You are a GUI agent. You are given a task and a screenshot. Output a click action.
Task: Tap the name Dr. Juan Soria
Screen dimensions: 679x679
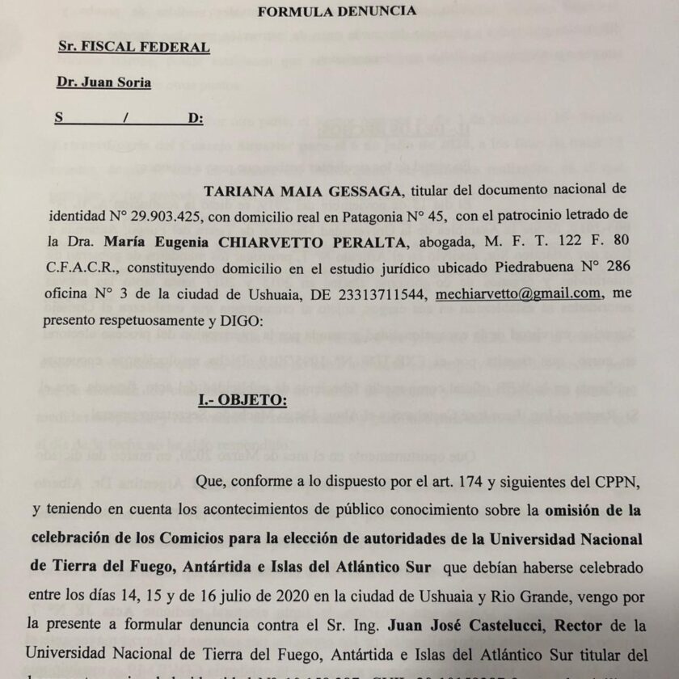(x=104, y=82)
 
